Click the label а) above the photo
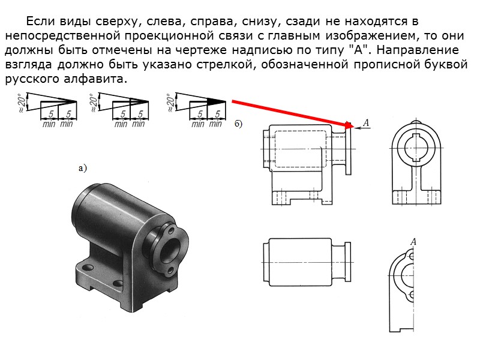click(x=83, y=169)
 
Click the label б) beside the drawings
click(x=238, y=124)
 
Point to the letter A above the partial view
click(x=413, y=242)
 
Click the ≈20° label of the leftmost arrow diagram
click(x=22, y=103)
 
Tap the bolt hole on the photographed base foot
click(x=89, y=266)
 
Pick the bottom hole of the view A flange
click(x=412, y=295)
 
